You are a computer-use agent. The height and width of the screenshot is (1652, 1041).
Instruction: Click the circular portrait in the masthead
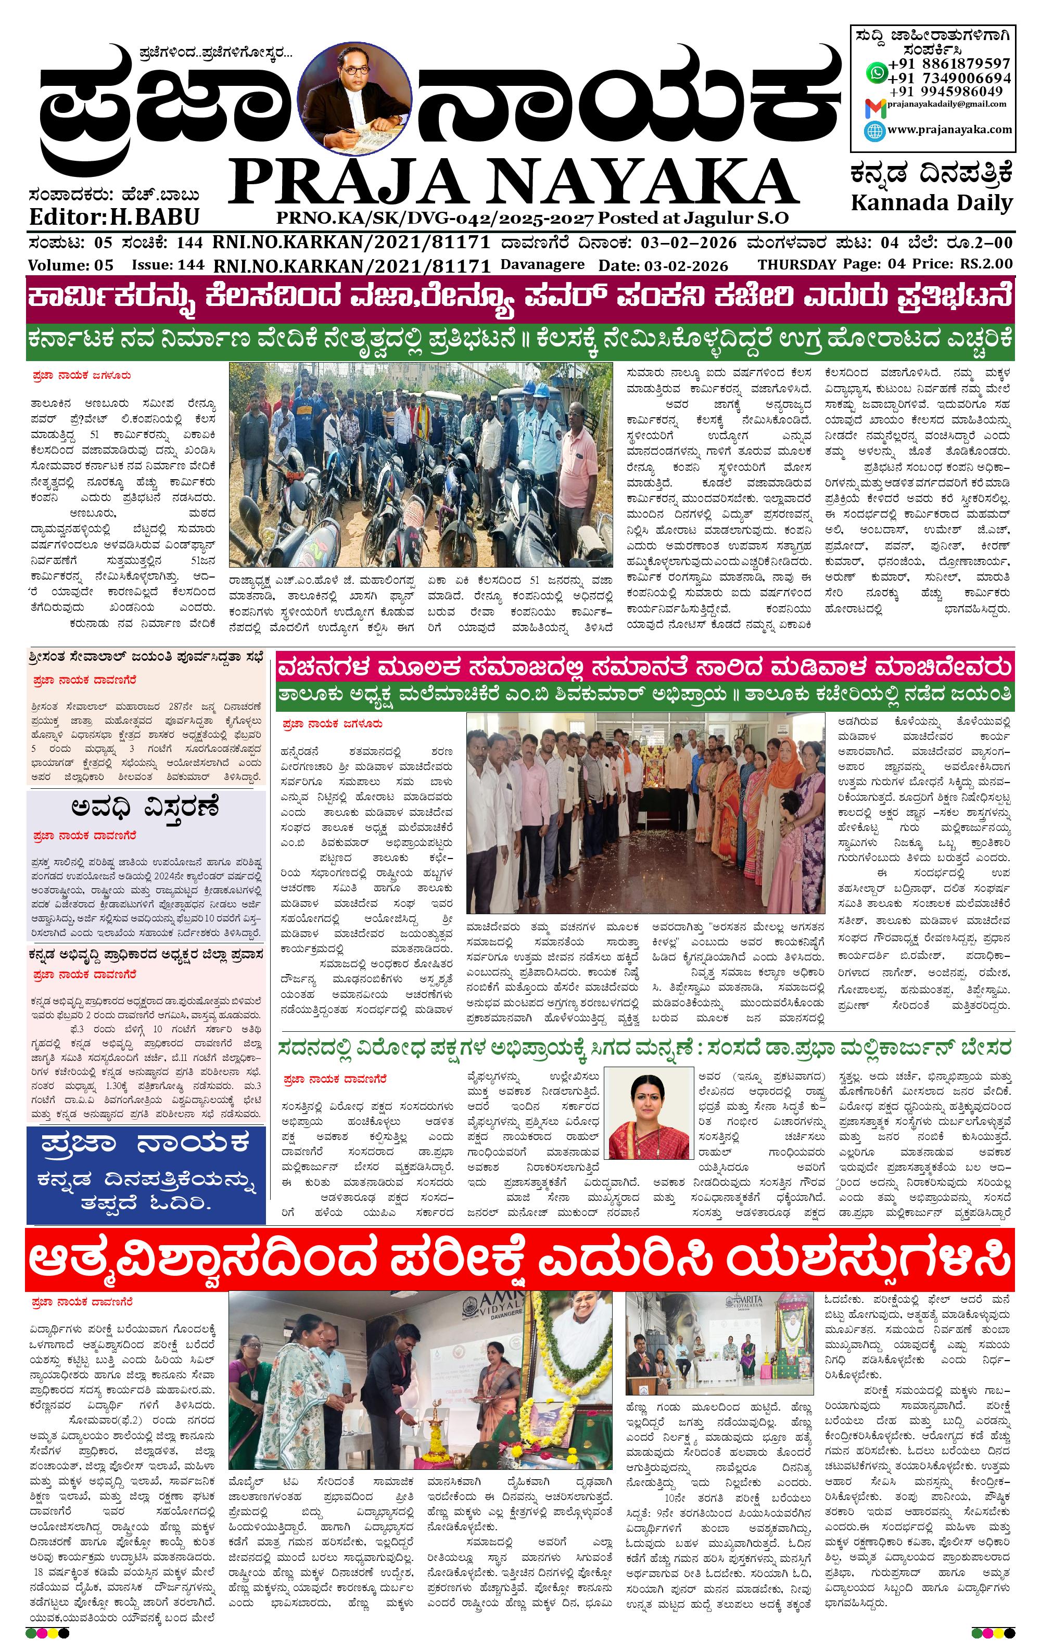click(356, 97)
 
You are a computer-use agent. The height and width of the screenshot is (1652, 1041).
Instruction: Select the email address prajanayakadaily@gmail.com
click(946, 104)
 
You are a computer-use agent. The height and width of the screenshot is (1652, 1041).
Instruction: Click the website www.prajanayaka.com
click(949, 129)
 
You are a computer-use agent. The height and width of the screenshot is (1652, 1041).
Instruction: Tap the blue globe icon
click(874, 131)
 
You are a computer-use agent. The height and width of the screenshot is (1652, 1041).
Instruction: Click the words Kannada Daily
click(931, 203)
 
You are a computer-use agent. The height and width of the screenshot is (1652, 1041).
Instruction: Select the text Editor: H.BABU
click(114, 217)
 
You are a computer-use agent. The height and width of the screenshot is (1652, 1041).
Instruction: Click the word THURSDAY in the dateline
click(796, 264)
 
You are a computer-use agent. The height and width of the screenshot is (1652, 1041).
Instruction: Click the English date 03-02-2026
click(683, 265)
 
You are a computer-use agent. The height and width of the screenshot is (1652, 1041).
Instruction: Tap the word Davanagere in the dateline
click(542, 264)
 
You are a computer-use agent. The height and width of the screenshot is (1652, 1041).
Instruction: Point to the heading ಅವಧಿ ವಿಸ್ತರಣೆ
click(145, 808)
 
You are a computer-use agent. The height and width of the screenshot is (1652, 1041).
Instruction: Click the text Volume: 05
click(71, 265)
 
